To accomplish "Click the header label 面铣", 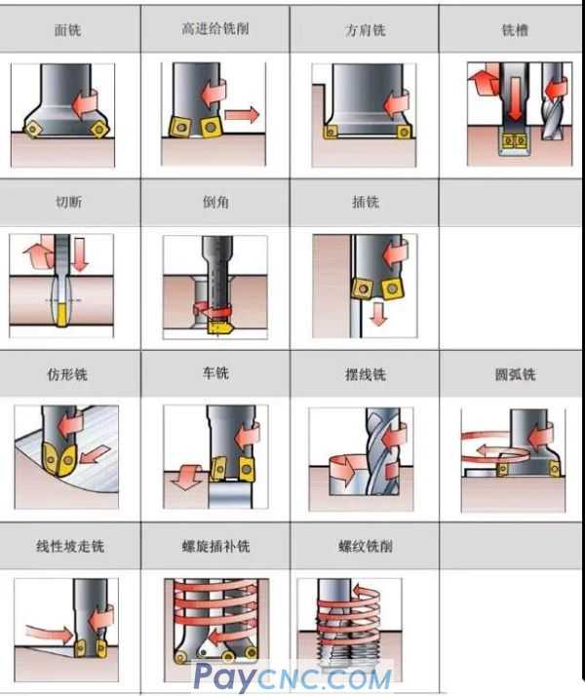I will coord(67,30).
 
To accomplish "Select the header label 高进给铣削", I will coord(215,29).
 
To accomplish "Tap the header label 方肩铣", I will coord(366,30).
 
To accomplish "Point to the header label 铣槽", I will coord(514,30).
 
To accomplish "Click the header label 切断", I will coord(67,203).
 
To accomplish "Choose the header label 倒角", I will coord(215,203).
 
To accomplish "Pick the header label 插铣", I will coord(366,203).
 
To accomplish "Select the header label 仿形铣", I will coord(67,374).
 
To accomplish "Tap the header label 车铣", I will coord(215,374).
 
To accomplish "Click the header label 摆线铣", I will coord(366,374).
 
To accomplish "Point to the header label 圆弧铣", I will coord(514,374).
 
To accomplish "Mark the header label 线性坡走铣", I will coord(67,547).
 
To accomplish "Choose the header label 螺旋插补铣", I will coord(215,547).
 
